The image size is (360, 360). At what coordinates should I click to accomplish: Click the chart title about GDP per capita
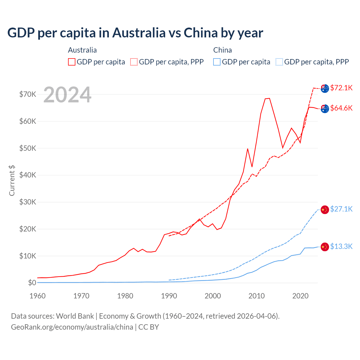coord(135,33)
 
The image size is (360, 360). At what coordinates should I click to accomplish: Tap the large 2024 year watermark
coord(67,95)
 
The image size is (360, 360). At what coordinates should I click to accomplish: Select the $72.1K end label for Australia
coord(341,88)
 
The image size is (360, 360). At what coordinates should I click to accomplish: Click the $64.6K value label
coord(341,108)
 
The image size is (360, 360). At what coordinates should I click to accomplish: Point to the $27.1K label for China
coord(341,209)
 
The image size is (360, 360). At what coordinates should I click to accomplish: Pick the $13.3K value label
coord(341,246)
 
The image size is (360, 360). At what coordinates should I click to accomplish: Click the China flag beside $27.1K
coord(325,210)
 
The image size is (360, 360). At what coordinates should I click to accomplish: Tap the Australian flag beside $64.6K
coord(325,109)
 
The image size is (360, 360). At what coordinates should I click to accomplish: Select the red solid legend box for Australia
coord(72,62)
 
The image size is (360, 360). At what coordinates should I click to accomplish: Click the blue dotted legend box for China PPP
coord(279,62)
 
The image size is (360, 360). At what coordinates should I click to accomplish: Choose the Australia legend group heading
coord(82,50)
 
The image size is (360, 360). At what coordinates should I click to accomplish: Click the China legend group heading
coord(222,50)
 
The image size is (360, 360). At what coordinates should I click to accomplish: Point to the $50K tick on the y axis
coord(28,148)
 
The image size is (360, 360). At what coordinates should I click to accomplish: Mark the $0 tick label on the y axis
coord(32,283)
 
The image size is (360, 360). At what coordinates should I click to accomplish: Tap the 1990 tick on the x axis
coord(169,296)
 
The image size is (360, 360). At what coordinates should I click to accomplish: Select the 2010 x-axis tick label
coord(256,296)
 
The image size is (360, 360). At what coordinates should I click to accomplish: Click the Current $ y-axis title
coord(12,180)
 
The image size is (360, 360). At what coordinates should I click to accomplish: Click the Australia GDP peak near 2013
coord(269,98)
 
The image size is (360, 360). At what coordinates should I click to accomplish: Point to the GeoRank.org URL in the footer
coord(72,327)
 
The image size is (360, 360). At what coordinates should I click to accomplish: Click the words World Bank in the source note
coord(75,316)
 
